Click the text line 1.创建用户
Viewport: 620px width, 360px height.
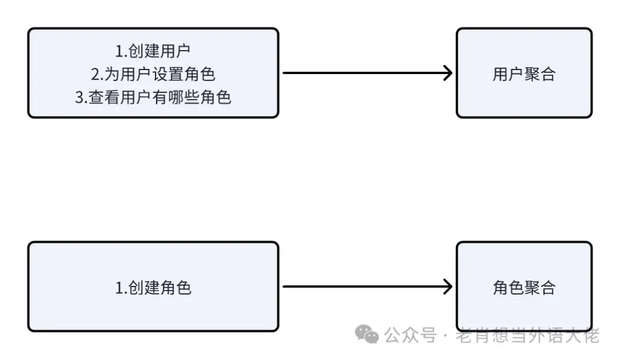point(153,51)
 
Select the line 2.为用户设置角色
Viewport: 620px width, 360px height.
point(153,74)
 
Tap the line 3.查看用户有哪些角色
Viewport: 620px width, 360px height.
point(153,97)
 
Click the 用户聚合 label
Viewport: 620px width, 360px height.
point(524,74)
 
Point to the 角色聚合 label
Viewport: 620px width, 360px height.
point(524,287)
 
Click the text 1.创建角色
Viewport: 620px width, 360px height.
point(153,287)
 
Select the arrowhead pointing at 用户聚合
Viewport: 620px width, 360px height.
point(447,73)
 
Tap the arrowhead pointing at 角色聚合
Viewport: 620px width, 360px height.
point(447,287)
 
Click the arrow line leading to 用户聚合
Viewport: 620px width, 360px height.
point(362,73)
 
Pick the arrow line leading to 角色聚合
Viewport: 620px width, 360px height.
point(362,287)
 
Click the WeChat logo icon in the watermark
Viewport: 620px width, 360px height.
point(366,334)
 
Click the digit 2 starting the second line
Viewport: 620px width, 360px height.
point(95,74)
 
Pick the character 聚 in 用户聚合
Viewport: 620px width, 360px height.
point(532,74)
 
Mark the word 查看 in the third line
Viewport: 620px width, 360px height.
point(103,97)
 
